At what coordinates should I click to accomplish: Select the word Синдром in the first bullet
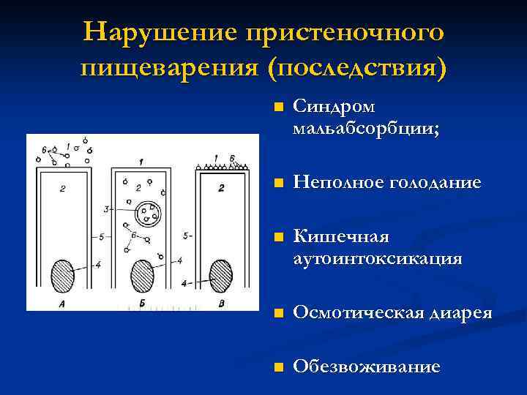(334, 107)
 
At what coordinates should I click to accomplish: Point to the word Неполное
(334, 183)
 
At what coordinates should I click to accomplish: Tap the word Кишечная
(341, 238)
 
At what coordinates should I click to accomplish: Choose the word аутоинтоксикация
(377, 258)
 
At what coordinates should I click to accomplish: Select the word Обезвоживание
(367, 366)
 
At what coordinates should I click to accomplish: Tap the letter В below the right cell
(222, 304)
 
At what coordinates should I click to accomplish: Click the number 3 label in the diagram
(106, 209)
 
